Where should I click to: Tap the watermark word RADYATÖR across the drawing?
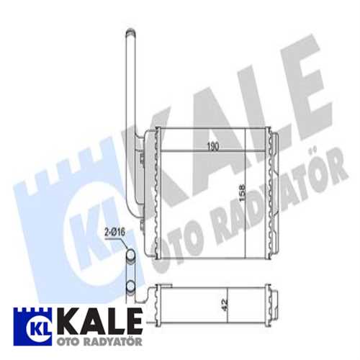[x=252, y=202]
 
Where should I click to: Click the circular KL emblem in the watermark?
[x=90, y=227]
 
